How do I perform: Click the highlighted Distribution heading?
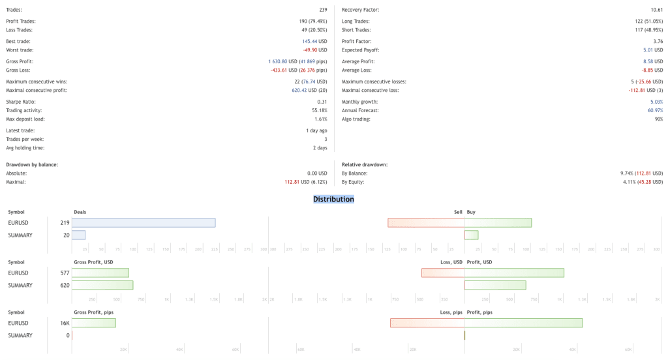click(x=333, y=199)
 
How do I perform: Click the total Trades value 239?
click(x=322, y=10)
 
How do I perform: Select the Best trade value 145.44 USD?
click(x=314, y=41)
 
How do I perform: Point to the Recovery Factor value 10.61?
click(x=656, y=10)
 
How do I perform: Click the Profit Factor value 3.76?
click(x=658, y=41)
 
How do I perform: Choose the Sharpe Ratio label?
click(x=21, y=102)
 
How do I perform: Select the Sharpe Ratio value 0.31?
click(x=322, y=102)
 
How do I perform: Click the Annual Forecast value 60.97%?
click(x=655, y=110)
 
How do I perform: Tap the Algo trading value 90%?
click(x=658, y=119)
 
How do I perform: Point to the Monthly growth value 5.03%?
click(x=656, y=102)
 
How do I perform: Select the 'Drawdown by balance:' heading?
click(x=32, y=164)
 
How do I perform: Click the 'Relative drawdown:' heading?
click(x=365, y=164)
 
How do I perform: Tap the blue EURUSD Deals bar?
click(x=144, y=222)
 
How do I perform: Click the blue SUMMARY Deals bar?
click(x=78, y=235)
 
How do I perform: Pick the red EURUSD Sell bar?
click(x=425, y=222)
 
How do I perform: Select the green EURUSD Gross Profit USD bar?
click(x=100, y=273)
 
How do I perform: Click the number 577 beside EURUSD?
click(x=65, y=273)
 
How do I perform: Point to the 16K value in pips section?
click(x=65, y=323)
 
